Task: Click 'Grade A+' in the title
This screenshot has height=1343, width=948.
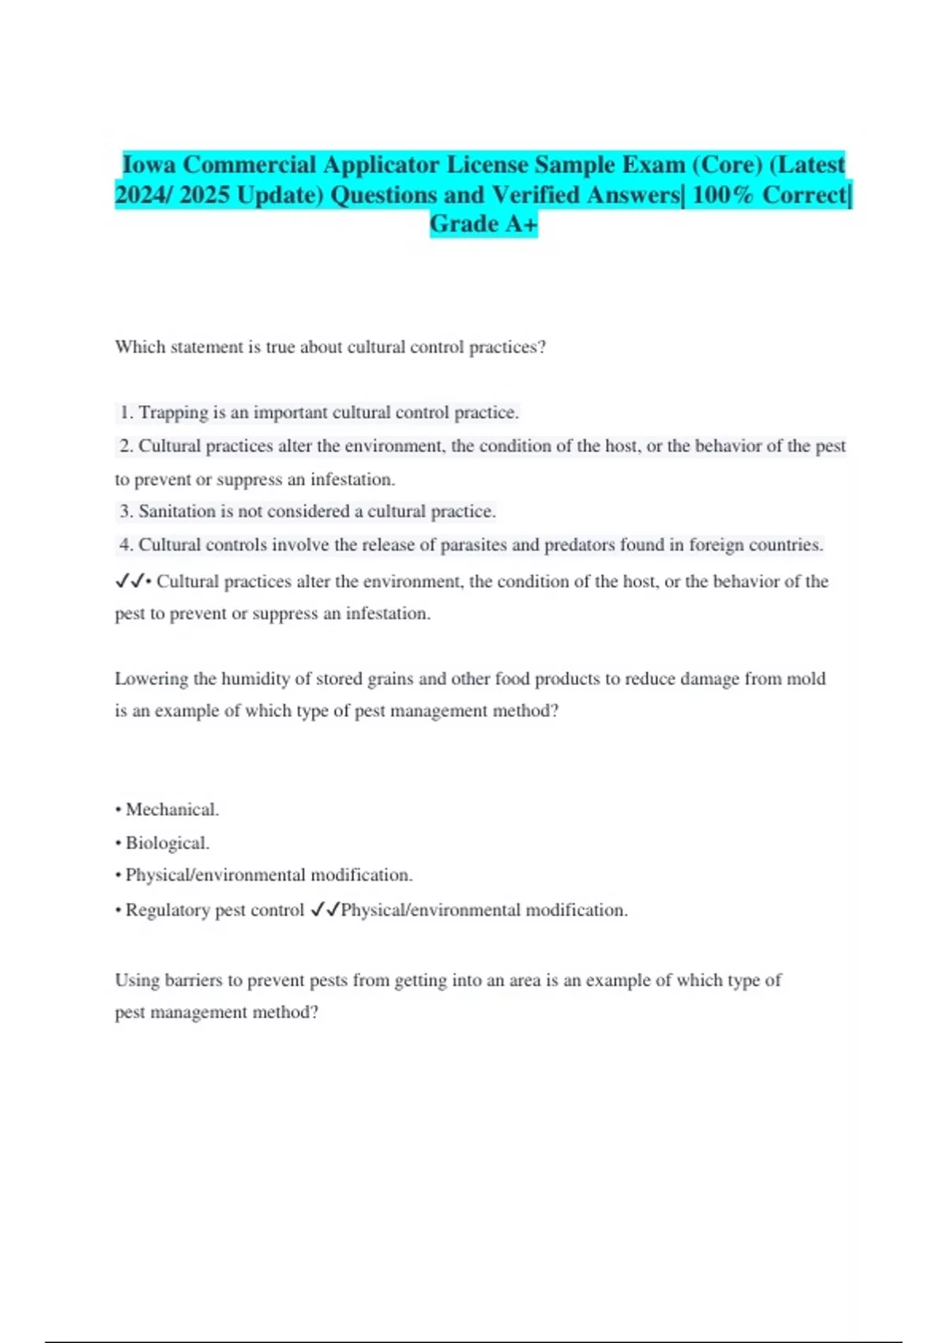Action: pyautogui.click(x=483, y=224)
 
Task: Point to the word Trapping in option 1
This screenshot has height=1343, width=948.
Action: pyautogui.click(x=173, y=412)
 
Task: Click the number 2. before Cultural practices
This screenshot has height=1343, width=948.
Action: pyautogui.click(x=126, y=446)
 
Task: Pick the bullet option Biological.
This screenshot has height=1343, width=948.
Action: pyautogui.click(x=167, y=843)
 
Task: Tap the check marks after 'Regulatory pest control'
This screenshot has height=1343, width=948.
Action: pyautogui.click(x=325, y=910)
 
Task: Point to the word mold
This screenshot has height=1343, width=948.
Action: pyautogui.click(x=806, y=679)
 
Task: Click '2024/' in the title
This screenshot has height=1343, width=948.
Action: pyautogui.click(x=144, y=194)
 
